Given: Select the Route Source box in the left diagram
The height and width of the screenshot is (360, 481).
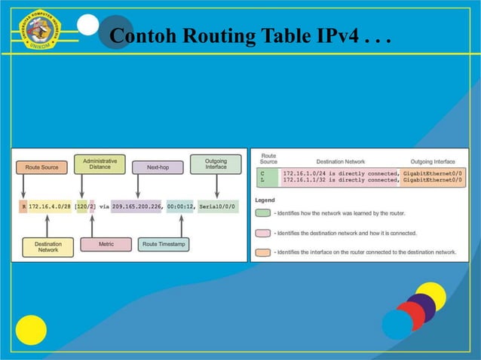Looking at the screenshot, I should [42, 166].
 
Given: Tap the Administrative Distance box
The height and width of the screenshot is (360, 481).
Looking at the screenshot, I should [100, 163].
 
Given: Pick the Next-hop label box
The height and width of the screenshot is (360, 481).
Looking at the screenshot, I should [158, 166].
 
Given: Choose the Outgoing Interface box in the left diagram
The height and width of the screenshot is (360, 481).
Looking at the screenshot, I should [216, 163].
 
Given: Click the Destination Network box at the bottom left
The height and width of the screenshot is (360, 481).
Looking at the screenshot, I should [47, 246].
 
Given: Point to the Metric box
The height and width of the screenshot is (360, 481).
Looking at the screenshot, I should [106, 244].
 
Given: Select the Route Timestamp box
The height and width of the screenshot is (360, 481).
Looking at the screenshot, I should [164, 244].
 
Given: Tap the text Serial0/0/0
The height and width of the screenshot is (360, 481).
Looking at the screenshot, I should [217, 206].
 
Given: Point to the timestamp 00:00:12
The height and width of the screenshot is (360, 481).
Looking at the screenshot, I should [182, 206].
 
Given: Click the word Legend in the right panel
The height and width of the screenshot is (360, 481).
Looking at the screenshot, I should [265, 200].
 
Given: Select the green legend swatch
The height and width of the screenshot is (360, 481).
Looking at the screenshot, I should [263, 214].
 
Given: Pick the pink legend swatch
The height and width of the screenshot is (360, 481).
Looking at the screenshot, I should [263, 233].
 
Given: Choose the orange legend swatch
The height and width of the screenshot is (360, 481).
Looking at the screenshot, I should [263, 252].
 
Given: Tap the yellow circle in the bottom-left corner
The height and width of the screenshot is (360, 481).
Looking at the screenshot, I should [31, 330].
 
